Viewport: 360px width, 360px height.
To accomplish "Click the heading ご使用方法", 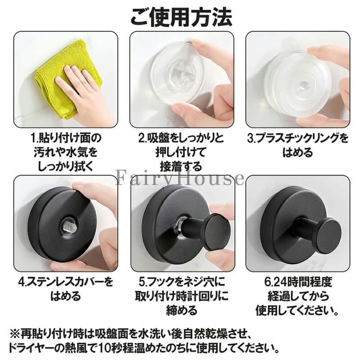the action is pos(181,17).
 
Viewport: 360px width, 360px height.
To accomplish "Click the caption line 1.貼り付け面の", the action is pos(66,138).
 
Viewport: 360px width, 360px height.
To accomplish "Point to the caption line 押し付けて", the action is pos(181,153).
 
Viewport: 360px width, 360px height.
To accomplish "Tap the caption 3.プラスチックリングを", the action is pos(298,138).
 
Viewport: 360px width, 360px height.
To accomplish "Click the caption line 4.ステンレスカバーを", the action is pos(66,282).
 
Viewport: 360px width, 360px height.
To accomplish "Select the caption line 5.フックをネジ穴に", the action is pos(181,282).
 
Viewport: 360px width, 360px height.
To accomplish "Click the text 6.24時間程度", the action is pos(298,282).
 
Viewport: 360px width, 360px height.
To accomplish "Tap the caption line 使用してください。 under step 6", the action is pos(298,310).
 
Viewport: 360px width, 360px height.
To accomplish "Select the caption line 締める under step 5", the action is pos(181,310).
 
